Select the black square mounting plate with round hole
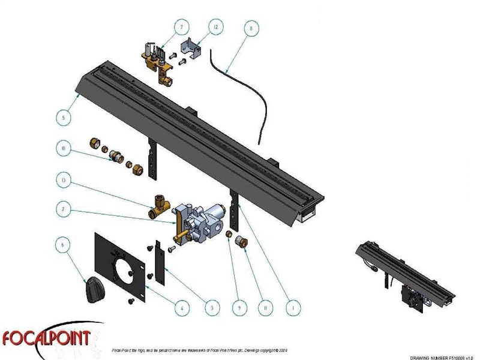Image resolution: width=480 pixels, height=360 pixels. [x=120, y=265]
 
